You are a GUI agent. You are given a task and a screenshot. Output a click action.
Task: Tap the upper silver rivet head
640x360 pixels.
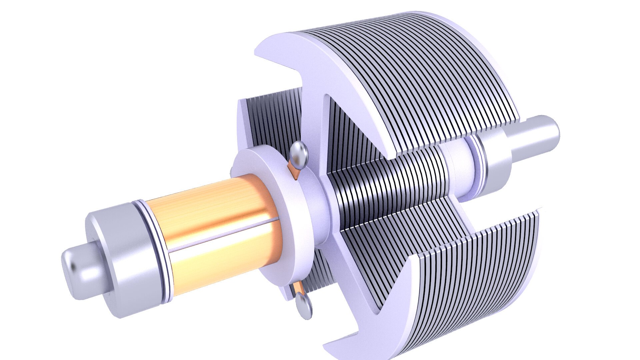coord(298,153)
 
